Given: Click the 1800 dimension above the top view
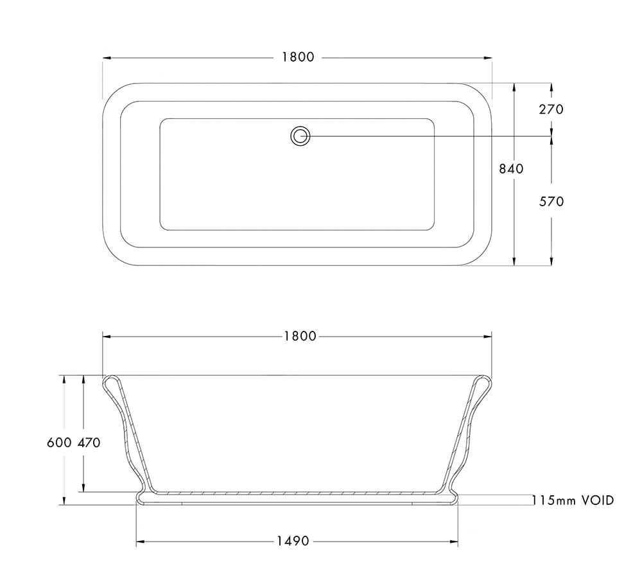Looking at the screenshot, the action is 298,57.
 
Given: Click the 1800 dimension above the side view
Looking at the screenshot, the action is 300,336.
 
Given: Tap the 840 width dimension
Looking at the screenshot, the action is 511,169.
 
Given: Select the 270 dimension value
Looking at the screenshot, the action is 551,109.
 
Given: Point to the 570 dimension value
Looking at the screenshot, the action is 551,202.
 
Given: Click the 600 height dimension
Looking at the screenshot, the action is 59,443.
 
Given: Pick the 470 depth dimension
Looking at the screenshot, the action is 89,443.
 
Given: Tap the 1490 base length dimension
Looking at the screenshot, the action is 293,542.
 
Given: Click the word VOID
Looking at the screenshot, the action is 598,500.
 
